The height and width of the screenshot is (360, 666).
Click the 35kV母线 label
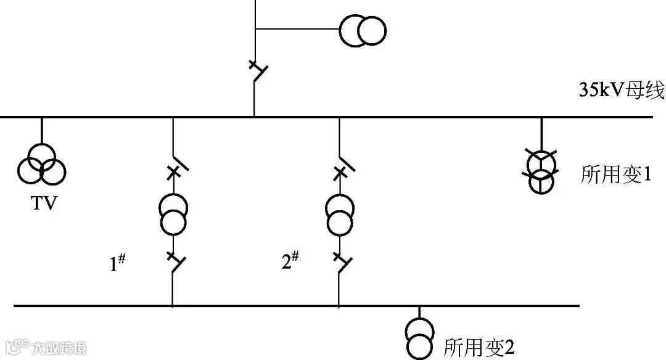pyautogui.click(x=620, y=92)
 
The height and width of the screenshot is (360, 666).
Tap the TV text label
pyautogui.click(x=43, y=203)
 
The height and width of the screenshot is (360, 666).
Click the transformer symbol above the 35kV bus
pyautogui.click(x=363, y=30)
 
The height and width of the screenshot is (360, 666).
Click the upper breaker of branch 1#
pyautogui.click(x=175, y=167)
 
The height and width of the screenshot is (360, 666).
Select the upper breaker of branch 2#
pyautogui.click(x=341, y=167)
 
